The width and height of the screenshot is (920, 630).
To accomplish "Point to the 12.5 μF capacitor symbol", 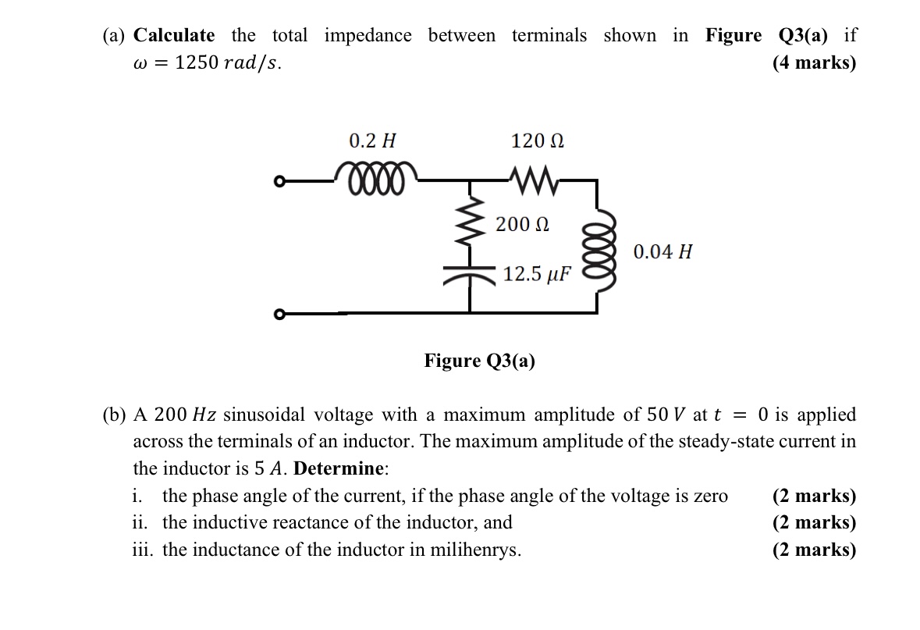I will click(x=470, y=273).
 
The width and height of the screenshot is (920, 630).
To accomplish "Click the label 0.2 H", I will click(x=372, y=141).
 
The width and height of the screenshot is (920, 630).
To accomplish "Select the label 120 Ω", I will click(x=538, y=141).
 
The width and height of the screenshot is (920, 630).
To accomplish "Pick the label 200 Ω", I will click(x=522, y=225).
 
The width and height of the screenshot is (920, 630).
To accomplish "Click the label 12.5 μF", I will click(x=537, y=274).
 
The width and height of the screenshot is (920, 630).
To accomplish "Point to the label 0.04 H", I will click(x=662, y=252).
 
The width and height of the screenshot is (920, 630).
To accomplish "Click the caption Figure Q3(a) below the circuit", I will click(x=479, y=361).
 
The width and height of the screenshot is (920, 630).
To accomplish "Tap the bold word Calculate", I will click(x=174, y=35).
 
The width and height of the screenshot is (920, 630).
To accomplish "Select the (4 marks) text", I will click(x=814, y=62).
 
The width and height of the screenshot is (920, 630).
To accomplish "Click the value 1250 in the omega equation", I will click(x=197, y=62).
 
